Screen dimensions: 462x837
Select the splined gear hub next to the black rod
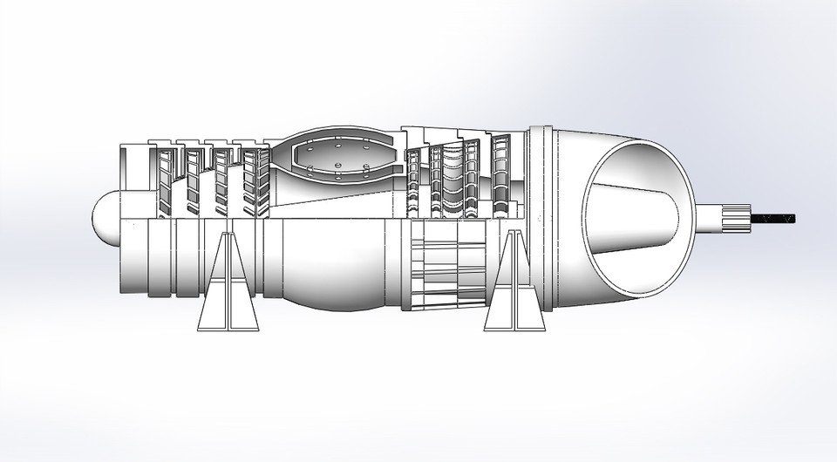(x=736, y=218)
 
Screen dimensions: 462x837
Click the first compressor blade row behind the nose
(x=165, y=179)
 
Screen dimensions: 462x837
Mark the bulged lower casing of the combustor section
(x=336, y=262)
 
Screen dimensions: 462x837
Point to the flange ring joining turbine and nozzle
(x=541, y=218)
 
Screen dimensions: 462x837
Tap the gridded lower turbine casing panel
(x=449, y=266)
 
